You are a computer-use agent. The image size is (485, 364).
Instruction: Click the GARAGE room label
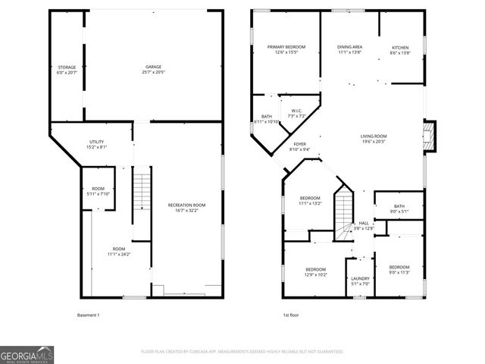(x=153, y=70)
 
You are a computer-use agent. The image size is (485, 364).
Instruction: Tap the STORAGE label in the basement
(x=66, y=70)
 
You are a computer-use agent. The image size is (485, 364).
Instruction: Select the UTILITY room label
(x=96, y=144)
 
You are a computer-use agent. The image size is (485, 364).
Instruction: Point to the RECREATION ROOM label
(x=186, y=208)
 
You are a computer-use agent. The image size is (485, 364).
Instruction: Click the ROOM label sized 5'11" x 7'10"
(x=98, y=191)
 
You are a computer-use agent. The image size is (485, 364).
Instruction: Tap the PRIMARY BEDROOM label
(x=281, y=49)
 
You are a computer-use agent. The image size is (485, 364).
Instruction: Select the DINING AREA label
(x=349, y=49)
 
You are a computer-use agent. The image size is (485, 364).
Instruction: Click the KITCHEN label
(x=399, y=49)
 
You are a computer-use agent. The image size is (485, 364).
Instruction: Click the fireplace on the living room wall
(x=430, y=137)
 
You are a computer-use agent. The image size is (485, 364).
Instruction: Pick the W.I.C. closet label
(x=296, y=113)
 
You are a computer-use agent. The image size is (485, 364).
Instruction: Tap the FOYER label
(x=300, y=146)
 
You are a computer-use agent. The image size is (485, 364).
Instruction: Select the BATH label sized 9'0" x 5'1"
(x=399, y=209)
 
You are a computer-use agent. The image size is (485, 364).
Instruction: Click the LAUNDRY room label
(x=360, y=281)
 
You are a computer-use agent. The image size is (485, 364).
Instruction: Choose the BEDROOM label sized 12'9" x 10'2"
(x=315, y=272)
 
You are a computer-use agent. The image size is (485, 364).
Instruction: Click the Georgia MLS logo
(x=26, y=353)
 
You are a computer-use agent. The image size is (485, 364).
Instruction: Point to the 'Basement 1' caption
(x=89, y=315)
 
